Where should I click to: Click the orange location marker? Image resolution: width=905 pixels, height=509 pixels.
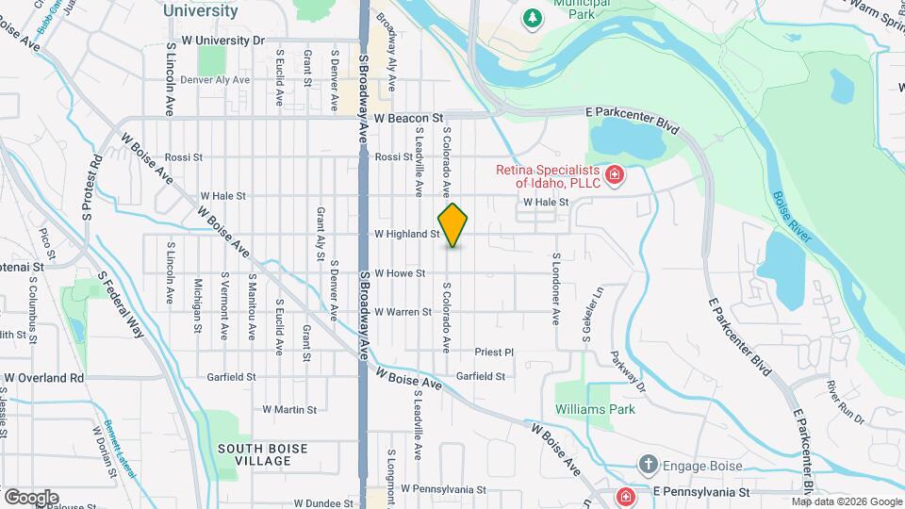(452, 225)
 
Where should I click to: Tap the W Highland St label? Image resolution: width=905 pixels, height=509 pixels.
(407, 234)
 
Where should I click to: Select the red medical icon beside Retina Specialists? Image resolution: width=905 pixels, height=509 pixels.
(615, 175)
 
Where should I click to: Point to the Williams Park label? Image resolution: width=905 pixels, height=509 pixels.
(595, 409)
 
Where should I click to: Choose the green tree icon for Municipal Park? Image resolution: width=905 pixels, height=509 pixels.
(533, 17)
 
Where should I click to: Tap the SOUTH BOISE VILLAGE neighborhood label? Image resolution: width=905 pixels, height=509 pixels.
(255, 454)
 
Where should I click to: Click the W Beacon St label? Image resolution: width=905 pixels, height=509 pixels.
(408, 119)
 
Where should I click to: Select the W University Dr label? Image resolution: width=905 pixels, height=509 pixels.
(223, 41)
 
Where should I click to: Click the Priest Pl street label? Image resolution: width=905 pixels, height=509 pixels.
(494, 352)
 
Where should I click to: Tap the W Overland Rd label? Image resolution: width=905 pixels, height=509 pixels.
(43, 378)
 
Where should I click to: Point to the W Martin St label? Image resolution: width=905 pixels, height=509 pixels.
(288, 409)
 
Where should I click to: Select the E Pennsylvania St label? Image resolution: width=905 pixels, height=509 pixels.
(696, 492)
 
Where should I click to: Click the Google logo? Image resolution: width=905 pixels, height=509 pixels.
(31, 498)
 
